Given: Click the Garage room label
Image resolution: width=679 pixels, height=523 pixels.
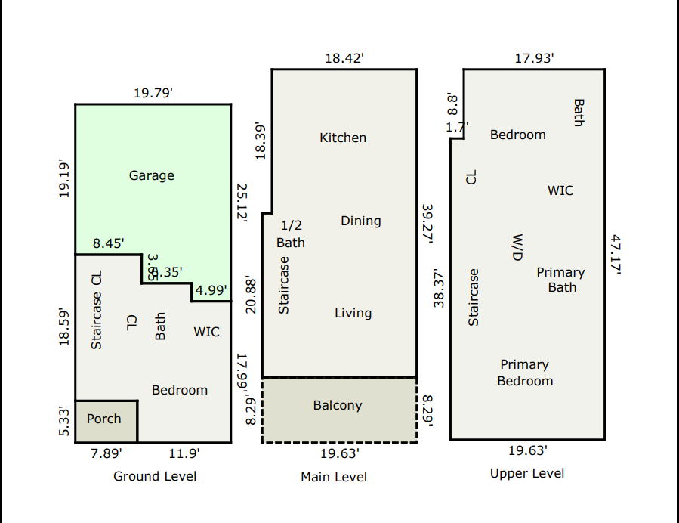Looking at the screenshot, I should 152,175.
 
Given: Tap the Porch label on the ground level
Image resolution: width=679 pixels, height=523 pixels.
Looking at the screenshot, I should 104,419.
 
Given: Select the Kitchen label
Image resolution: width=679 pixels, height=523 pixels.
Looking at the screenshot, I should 343,138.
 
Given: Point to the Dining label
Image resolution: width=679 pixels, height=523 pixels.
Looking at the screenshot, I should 361,221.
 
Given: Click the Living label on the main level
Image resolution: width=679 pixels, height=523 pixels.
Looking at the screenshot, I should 353,313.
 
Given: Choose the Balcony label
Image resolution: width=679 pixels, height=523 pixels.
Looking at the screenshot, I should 338,405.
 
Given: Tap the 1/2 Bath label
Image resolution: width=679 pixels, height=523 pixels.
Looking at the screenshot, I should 291,234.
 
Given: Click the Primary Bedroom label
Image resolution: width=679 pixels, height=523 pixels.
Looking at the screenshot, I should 525,373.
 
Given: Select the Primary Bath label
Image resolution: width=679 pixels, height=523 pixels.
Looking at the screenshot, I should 560,280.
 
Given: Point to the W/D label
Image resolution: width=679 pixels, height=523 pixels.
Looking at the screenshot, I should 517,247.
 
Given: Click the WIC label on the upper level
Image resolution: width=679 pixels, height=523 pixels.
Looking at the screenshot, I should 560,190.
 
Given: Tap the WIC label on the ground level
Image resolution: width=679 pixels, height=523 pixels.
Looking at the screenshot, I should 207,332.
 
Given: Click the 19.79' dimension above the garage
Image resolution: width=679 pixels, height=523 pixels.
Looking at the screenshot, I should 153,93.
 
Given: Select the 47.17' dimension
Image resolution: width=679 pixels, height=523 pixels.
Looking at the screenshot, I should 616,255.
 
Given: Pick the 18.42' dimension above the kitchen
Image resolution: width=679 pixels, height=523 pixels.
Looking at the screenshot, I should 344,58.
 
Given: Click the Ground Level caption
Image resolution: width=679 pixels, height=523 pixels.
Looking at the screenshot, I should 155,476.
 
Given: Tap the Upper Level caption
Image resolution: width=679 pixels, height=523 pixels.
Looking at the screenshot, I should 527,473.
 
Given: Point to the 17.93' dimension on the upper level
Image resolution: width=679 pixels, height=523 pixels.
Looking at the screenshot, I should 535,58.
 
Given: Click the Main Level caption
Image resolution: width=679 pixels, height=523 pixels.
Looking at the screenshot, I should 334,477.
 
